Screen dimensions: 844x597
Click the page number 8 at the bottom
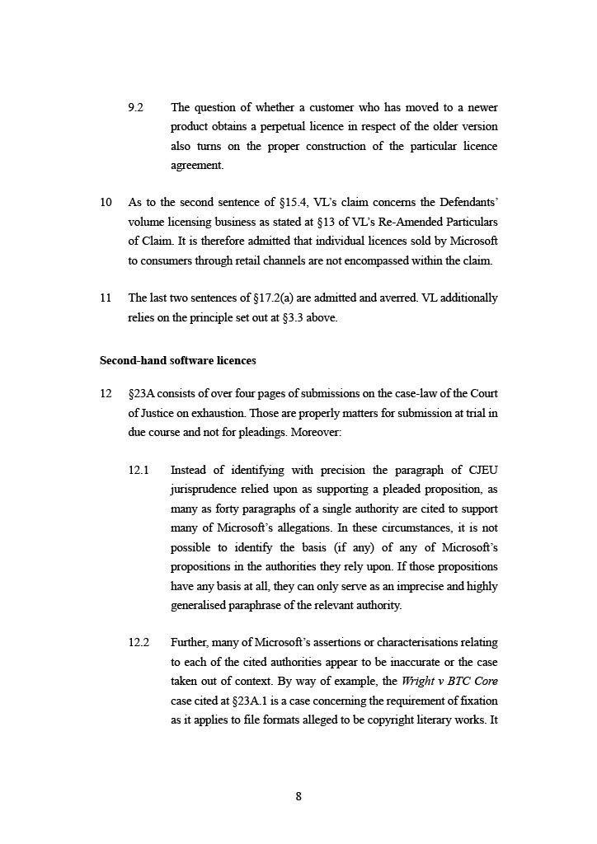point(298,796)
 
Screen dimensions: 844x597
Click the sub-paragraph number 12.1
point(139,471)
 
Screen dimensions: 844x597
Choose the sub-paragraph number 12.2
point(139,643)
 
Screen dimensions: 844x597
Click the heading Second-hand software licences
point(177,360)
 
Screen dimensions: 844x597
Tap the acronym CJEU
point(482,471)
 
